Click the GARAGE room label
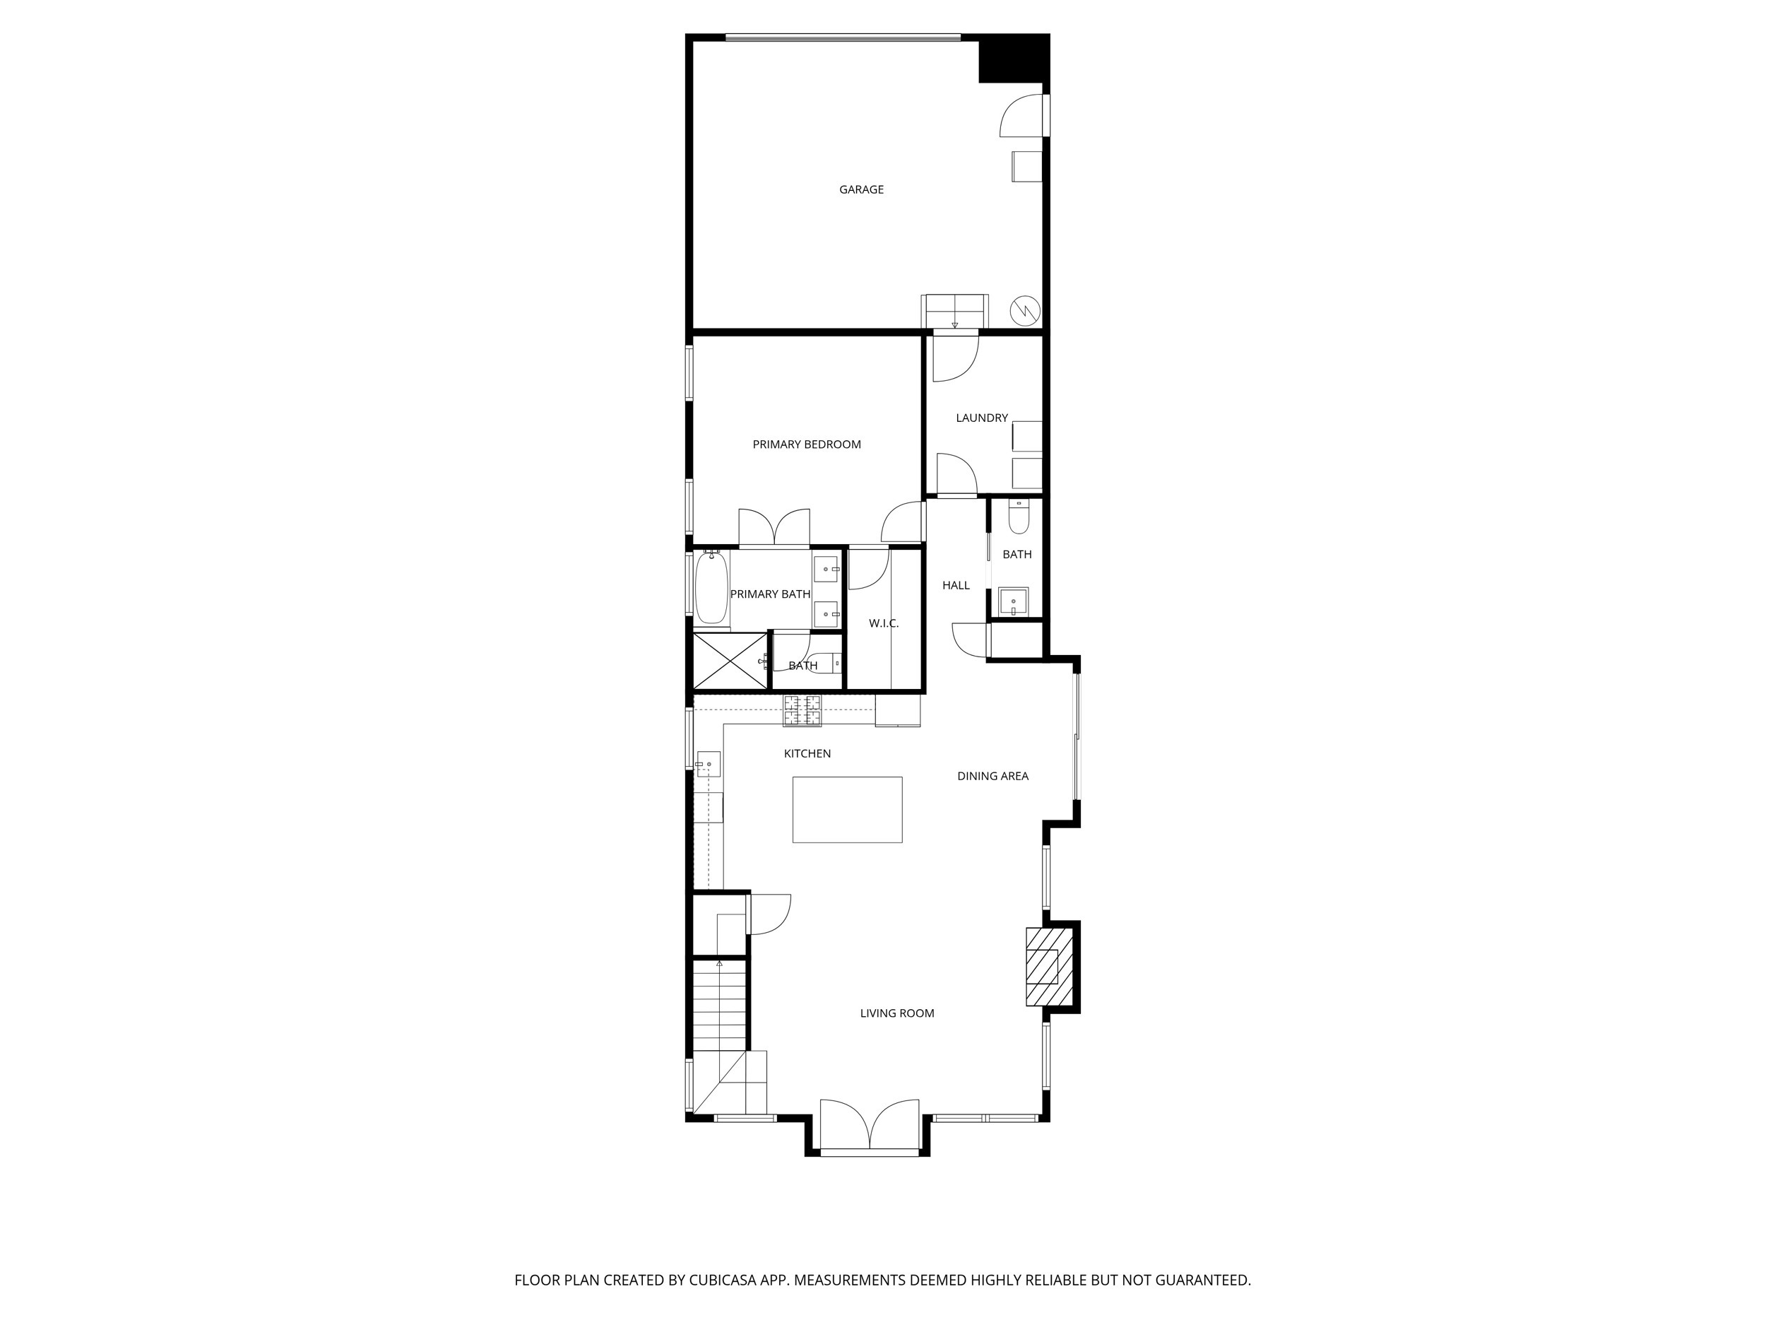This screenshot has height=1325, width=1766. [x=860, y=189]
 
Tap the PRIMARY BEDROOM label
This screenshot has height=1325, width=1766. [x=807, y=444]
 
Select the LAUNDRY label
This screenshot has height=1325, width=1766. [x=981, y=418]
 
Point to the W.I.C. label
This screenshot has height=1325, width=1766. [x=883, y=623]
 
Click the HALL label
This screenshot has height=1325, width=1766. [x=955, y=585]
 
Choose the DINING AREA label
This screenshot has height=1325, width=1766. [x=992, y=775]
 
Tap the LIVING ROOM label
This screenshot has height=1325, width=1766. [x=896, y=1013]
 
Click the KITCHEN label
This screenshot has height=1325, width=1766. [x=807, y=753]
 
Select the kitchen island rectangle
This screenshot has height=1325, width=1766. [x=847, y=809]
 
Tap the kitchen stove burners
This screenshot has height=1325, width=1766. [x=802, y=711]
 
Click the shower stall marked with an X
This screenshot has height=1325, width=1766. [x=730, y=661]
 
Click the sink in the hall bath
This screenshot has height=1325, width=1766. [x=1013, y=601]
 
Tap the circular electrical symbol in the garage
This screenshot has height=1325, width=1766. [x=1024, y=310]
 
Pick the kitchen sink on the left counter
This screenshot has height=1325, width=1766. [x=708, y=765]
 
